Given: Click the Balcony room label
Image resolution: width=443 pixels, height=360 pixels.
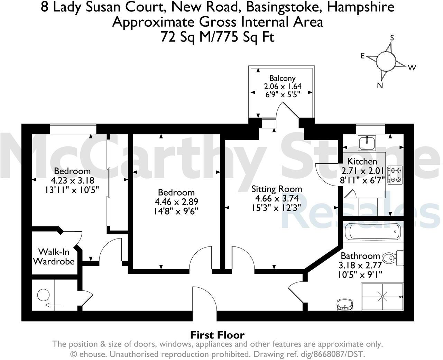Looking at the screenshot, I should coord(282,78).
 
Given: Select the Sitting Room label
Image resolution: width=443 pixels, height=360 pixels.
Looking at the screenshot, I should coord(276,189).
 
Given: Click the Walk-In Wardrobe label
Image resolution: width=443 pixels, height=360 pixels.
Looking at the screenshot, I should coord(54,256).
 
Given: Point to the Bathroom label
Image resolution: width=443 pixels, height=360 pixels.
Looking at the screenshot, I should coord(360,256).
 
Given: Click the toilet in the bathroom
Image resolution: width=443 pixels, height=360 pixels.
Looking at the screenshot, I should coord(393,257).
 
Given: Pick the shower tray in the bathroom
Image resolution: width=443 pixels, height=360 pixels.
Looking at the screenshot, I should coord(382,296).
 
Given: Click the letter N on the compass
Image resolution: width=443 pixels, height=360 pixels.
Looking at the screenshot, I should coord(380,85).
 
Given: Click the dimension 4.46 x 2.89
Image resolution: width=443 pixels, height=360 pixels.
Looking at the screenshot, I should coord(176,201).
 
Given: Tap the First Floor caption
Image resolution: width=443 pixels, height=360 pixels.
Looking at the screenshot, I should coord(217,335).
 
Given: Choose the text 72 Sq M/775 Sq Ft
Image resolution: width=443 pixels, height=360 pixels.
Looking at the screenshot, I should coord(218,36).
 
